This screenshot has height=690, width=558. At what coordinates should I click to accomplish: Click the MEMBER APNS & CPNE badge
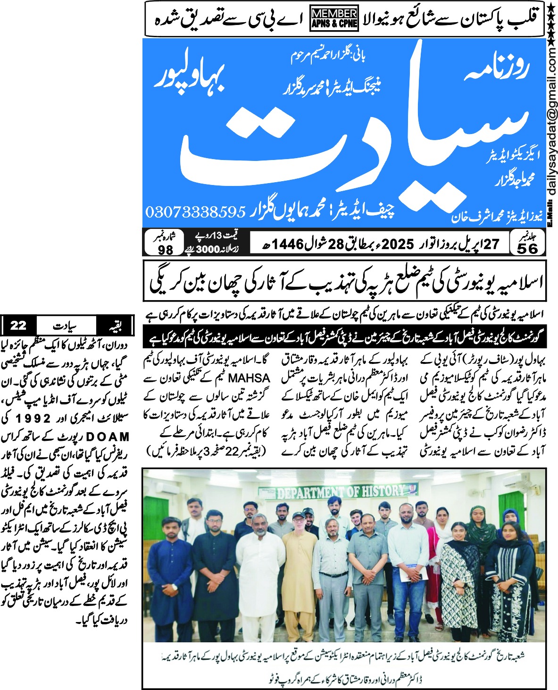click(334, 19)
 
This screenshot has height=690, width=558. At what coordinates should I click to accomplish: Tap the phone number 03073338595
click(196, 211)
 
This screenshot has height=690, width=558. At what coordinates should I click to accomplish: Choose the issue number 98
click(165, 250)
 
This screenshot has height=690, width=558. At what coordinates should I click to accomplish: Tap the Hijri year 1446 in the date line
click(287, 244)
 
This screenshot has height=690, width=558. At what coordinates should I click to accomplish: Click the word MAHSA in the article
click(249, 379)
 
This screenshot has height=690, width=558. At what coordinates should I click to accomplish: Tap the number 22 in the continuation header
click(18, 325)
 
